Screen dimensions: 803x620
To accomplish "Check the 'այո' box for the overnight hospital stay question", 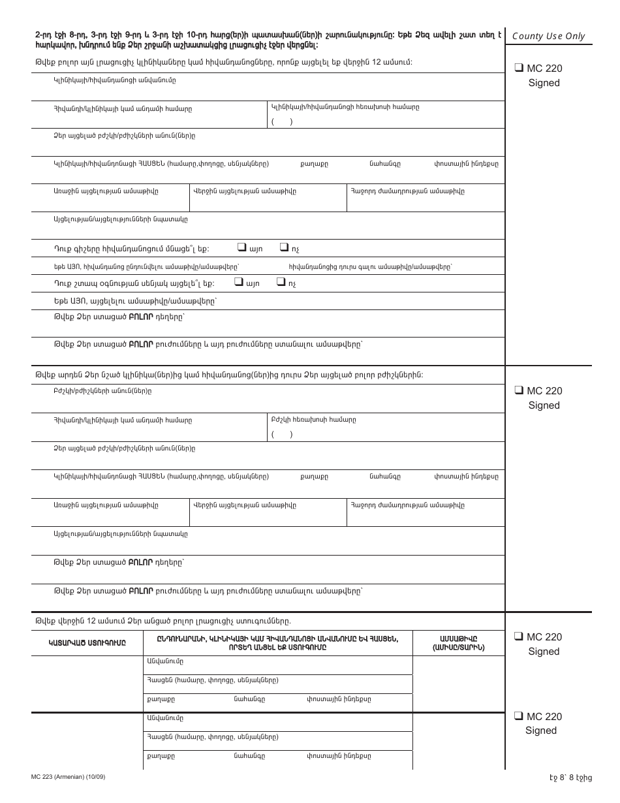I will (241, 247).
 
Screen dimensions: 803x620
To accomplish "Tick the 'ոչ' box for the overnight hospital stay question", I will (283, 247).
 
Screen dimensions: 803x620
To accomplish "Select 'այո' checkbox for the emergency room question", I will (238, 283).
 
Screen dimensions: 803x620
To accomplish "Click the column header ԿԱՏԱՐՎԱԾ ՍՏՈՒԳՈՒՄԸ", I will (87, 643).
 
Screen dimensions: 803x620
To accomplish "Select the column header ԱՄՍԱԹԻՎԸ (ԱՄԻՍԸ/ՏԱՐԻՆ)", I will (459, 643).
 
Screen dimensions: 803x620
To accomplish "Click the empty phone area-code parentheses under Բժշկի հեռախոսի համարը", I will (281, 434).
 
